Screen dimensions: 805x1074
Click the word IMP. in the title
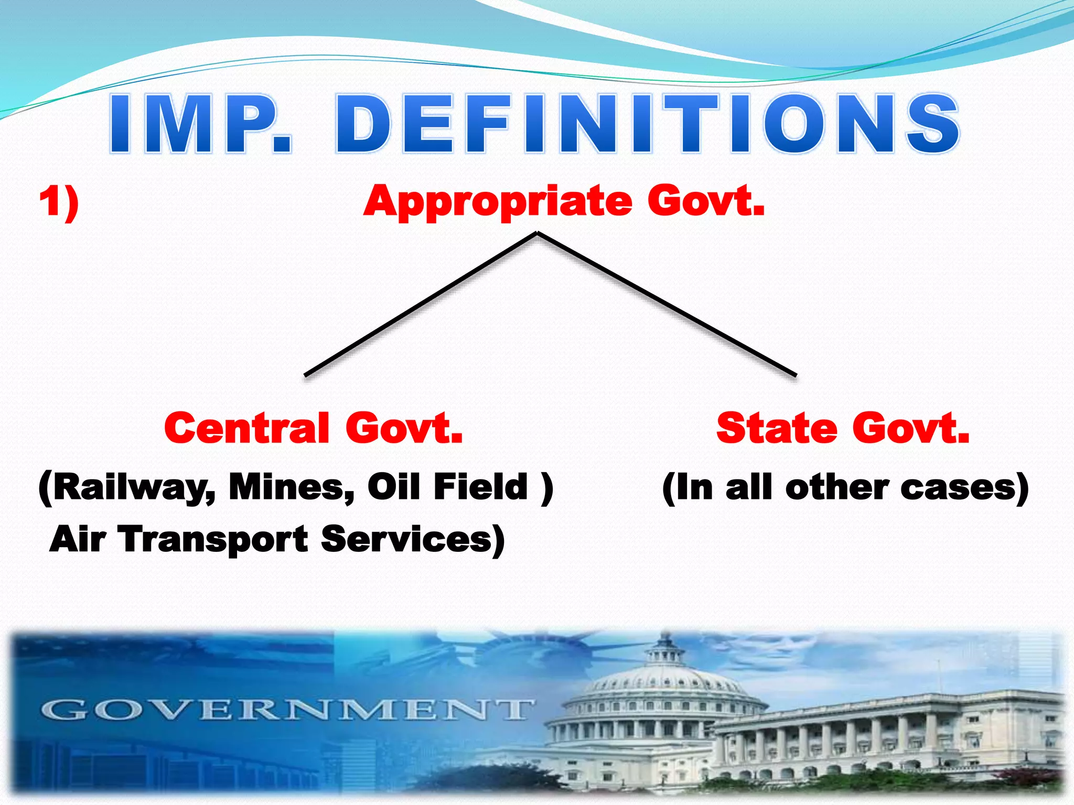point(199,124)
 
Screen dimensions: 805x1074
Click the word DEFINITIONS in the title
point(647,124)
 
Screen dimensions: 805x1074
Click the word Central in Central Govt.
point(246,428)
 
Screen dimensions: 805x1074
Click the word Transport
point(214,540)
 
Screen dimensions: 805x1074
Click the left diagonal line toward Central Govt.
point(420,304)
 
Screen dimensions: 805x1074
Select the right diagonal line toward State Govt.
point(666,304)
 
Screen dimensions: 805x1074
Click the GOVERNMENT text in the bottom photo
point(286,711)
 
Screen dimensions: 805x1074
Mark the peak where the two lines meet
point(537,233)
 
